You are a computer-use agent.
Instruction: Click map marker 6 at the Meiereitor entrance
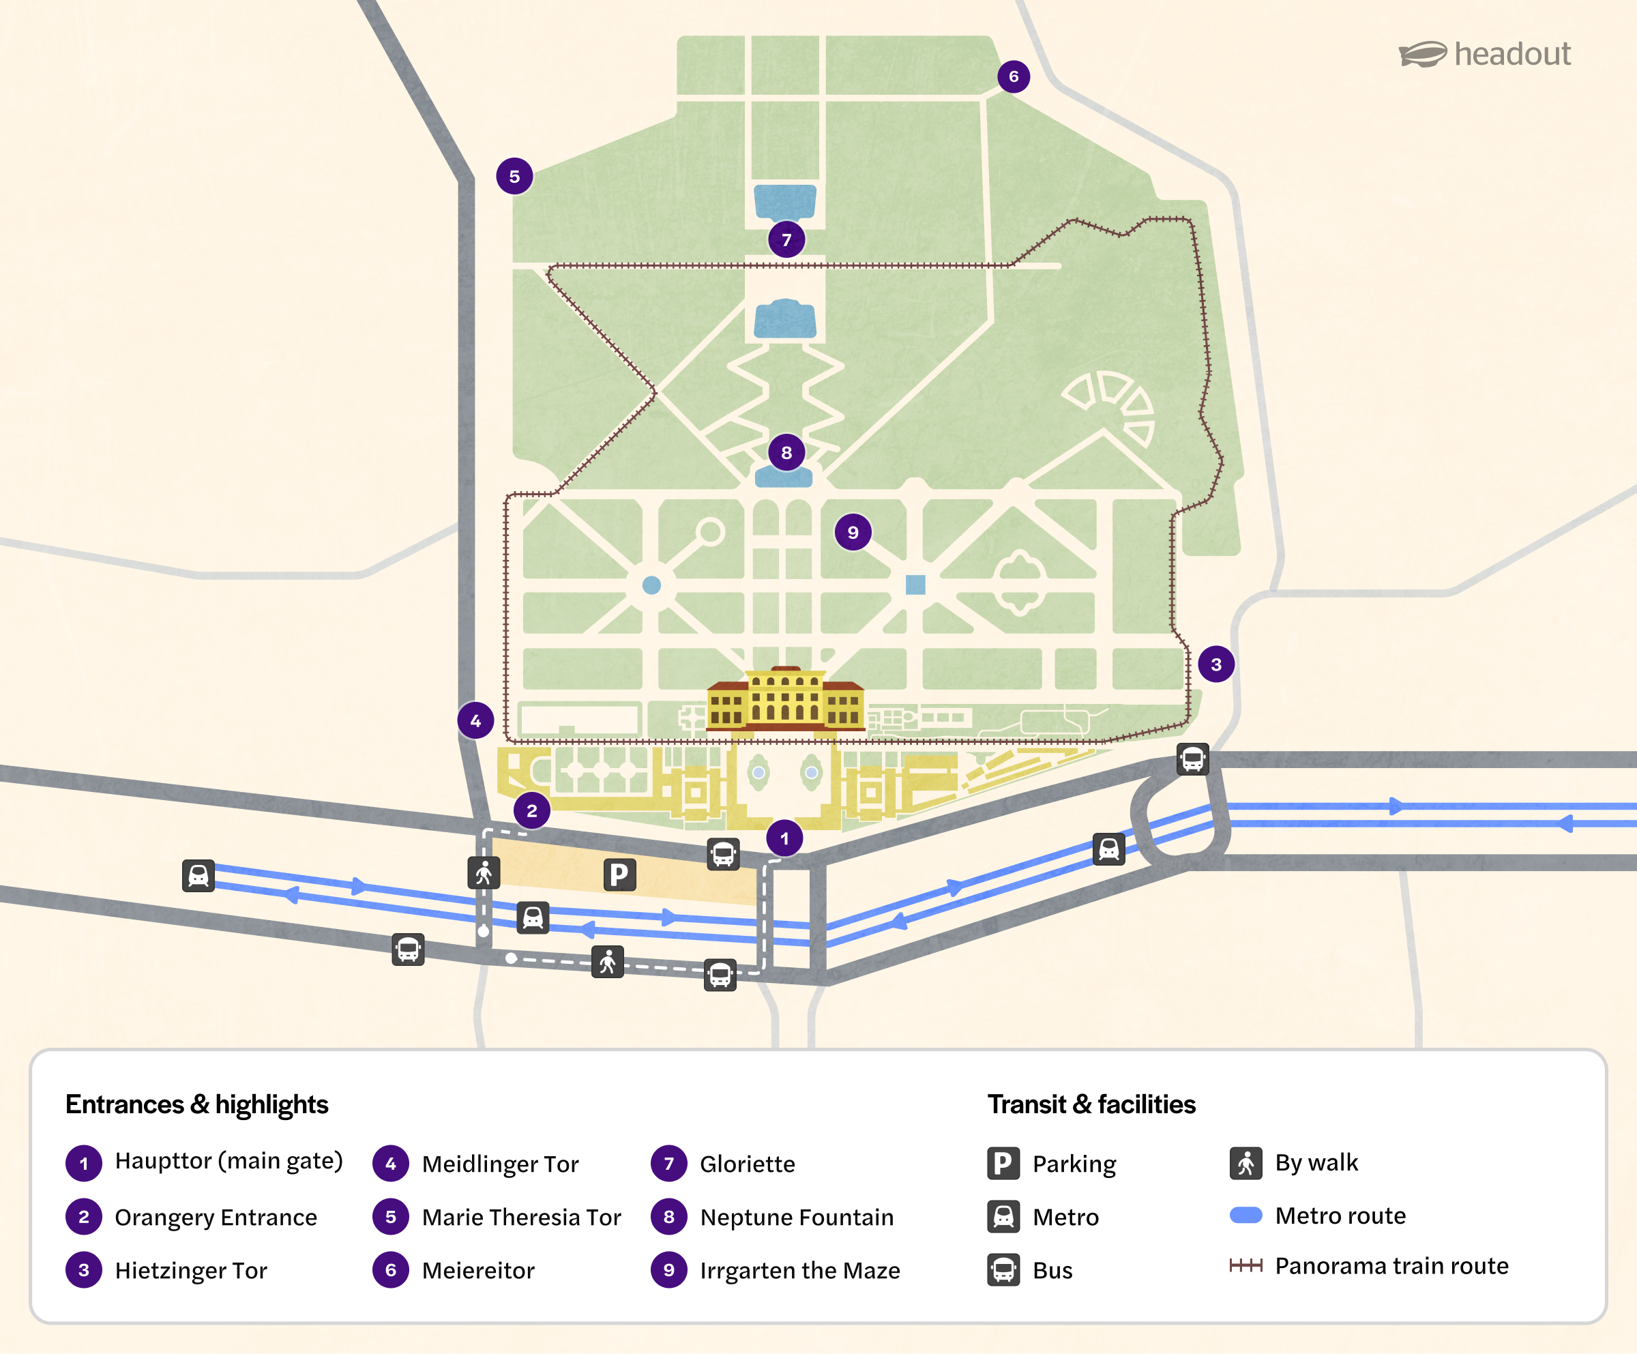[x=1014, y=76]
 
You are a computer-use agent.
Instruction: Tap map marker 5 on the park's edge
[x=514, y=176]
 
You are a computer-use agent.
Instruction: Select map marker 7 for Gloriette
[x=786, y=239]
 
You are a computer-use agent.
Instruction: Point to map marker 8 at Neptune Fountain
[x=786, y=452]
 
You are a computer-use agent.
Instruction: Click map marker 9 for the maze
[x=853, y=533]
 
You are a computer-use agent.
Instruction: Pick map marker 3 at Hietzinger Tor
[x=1216, y=664]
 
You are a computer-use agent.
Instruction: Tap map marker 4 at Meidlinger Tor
[x=475, y=721]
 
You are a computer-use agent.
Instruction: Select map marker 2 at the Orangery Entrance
[x=531, y=810]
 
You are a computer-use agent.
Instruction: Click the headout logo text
[x=1511, y=54]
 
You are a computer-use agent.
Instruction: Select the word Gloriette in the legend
[x=747, y=1164]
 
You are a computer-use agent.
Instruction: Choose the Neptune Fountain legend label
[x=797, y=1217]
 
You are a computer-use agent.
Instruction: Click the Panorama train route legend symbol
[x=1245, y=1265]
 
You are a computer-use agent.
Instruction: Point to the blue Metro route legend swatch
[x=1245, y=1216]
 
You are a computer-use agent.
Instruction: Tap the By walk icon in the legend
[x=1245, y=1163]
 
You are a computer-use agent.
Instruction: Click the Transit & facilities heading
[x=1091, y=1104]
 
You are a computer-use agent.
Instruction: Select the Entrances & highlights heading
[x=197, y=1104]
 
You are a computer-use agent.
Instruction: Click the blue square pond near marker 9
[x=915, y=585]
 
